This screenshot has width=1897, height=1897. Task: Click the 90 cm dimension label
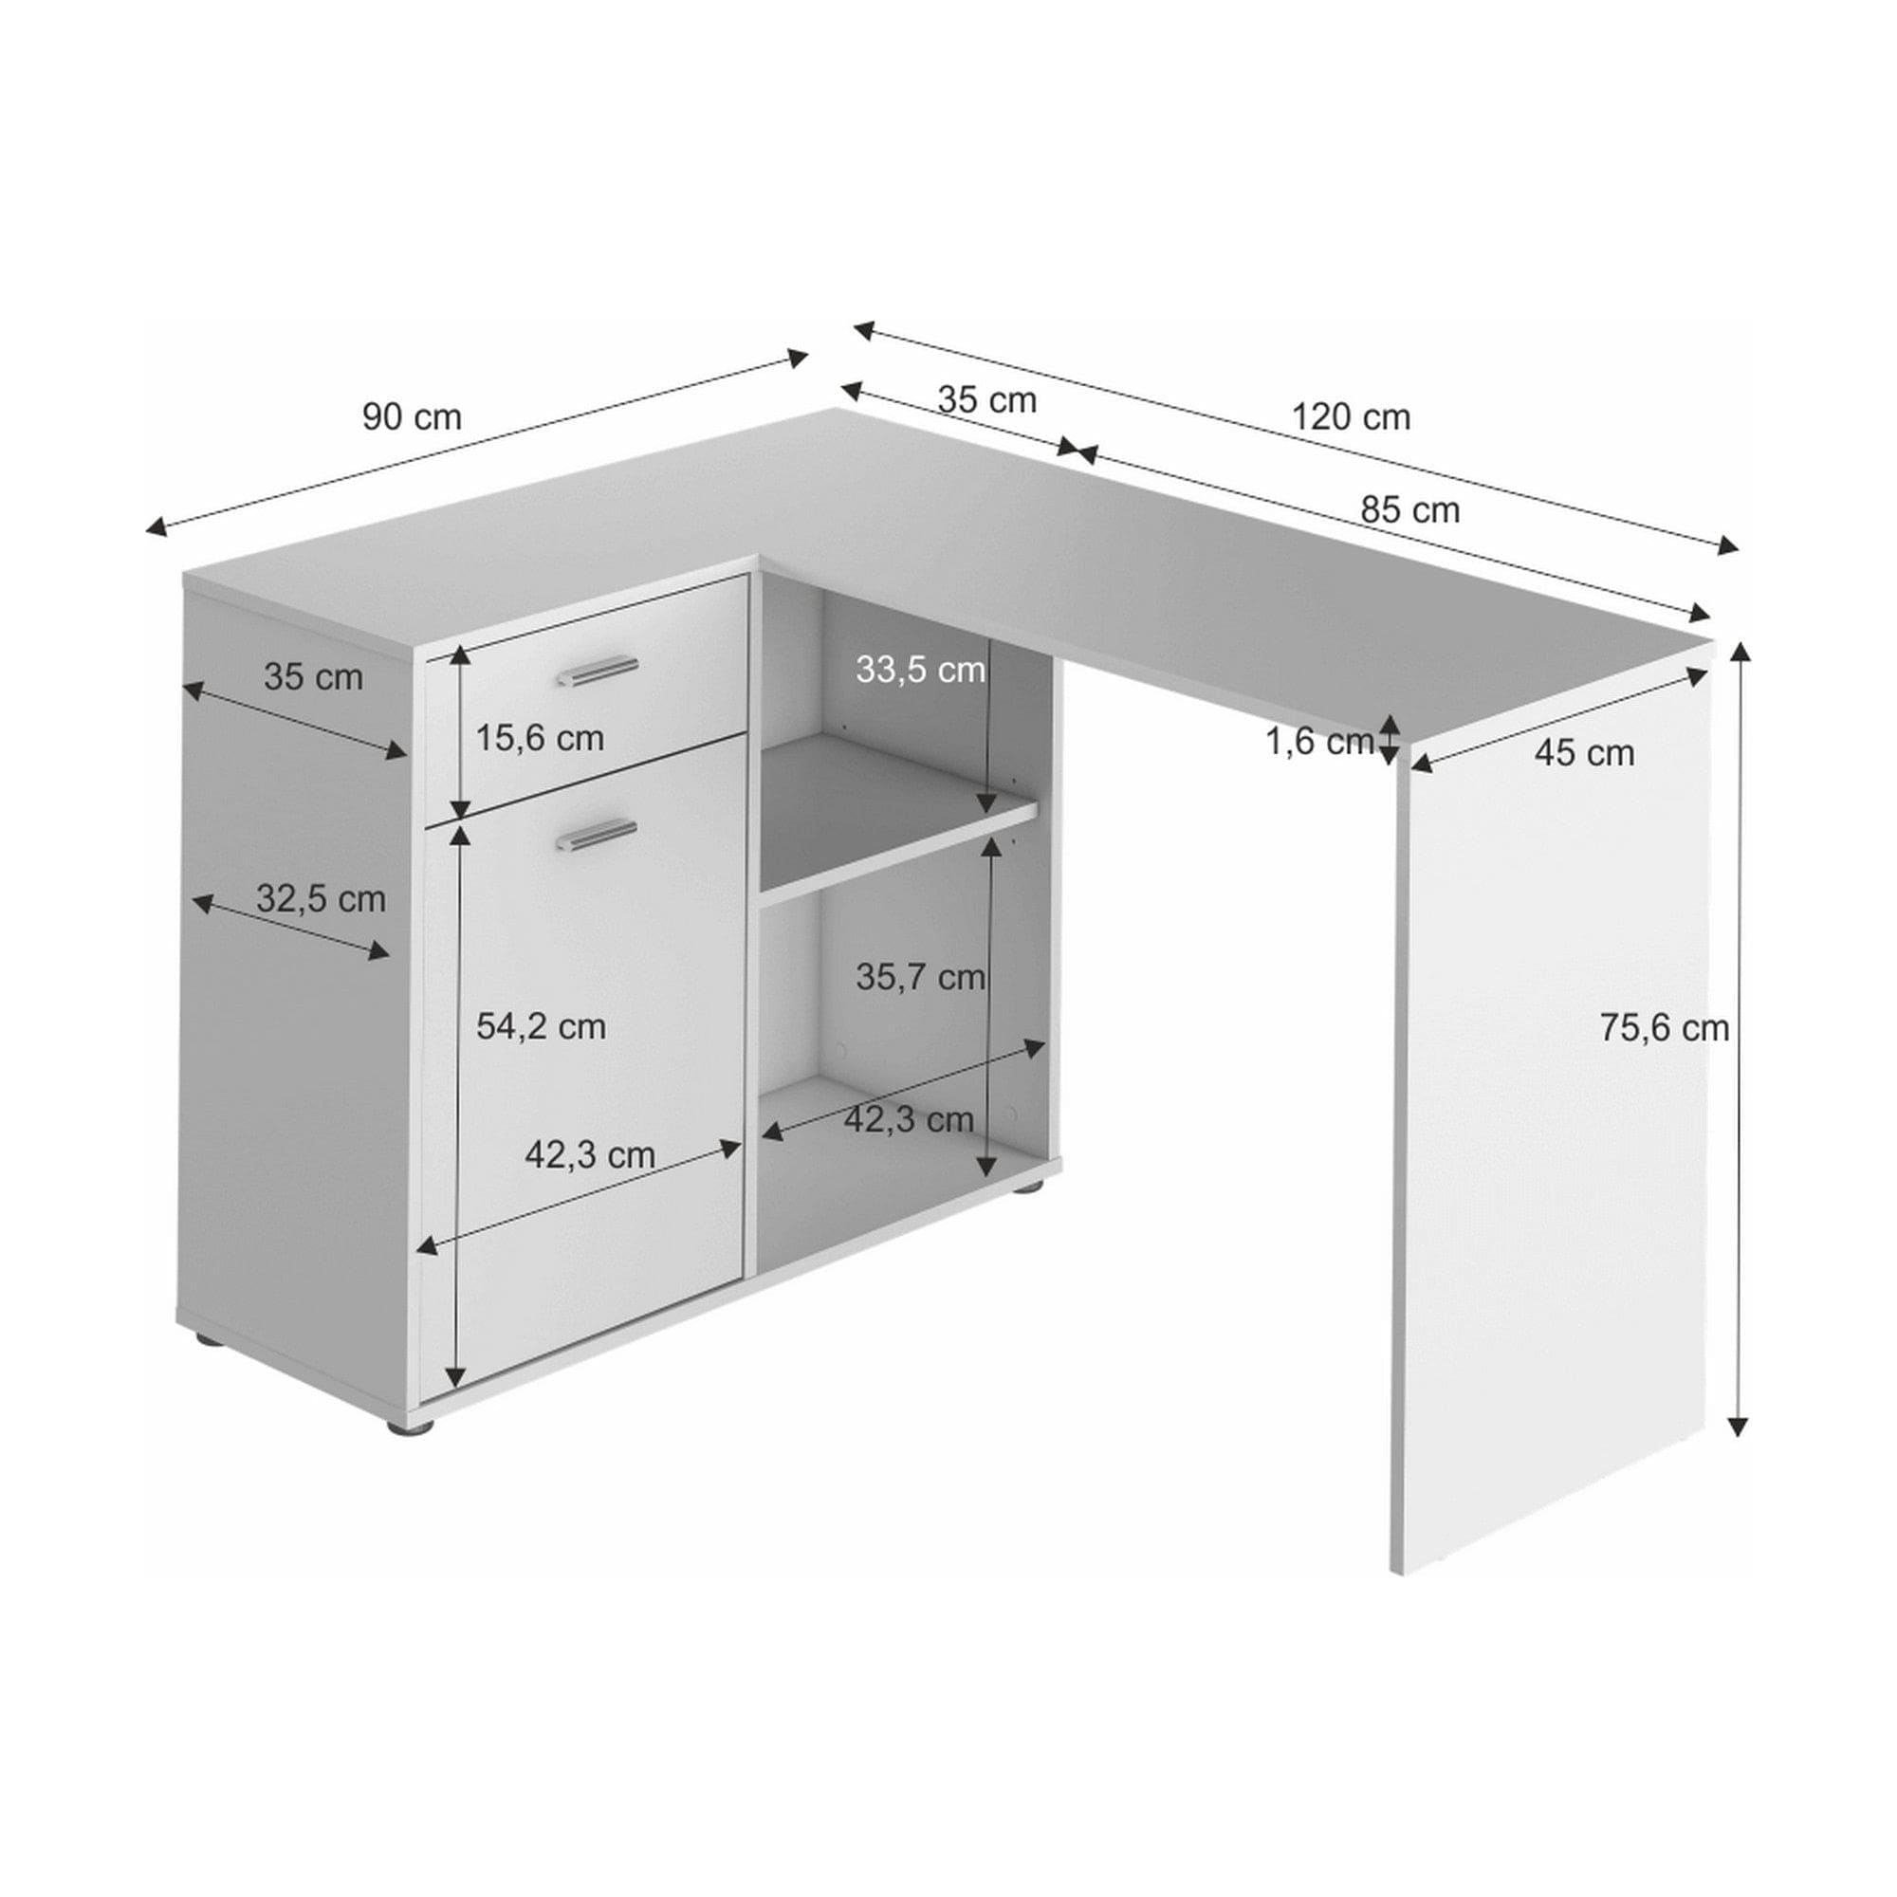click(x=412, y=417)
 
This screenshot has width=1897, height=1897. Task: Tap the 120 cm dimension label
click(x=1350, y=417)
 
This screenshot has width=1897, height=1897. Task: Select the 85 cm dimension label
click(x=1410, y=510)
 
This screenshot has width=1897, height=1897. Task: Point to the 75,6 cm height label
click(x=1664, y=1028)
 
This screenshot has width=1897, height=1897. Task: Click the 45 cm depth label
click(x=1584, y=753)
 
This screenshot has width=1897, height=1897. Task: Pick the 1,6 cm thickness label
click(x=1317, y=743)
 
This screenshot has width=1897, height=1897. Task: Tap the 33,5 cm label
click(x=919, y=670)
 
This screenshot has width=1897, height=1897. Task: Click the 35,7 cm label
click(x=919, y=977)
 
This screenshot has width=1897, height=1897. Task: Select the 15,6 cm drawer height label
click(x=539, y=737)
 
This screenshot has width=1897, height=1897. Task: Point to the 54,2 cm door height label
click(x=540, y=1027)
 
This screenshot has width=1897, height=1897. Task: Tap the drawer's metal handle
click(x=597, y=671)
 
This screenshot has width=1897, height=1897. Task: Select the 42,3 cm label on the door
click(x=589, y=1154)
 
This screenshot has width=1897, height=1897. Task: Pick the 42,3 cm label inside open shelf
click(x=909, y=1119)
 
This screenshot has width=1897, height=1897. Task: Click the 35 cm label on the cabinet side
click(x=312, y=677)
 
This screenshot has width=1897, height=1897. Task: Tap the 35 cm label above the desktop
click(x=985, y=400)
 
